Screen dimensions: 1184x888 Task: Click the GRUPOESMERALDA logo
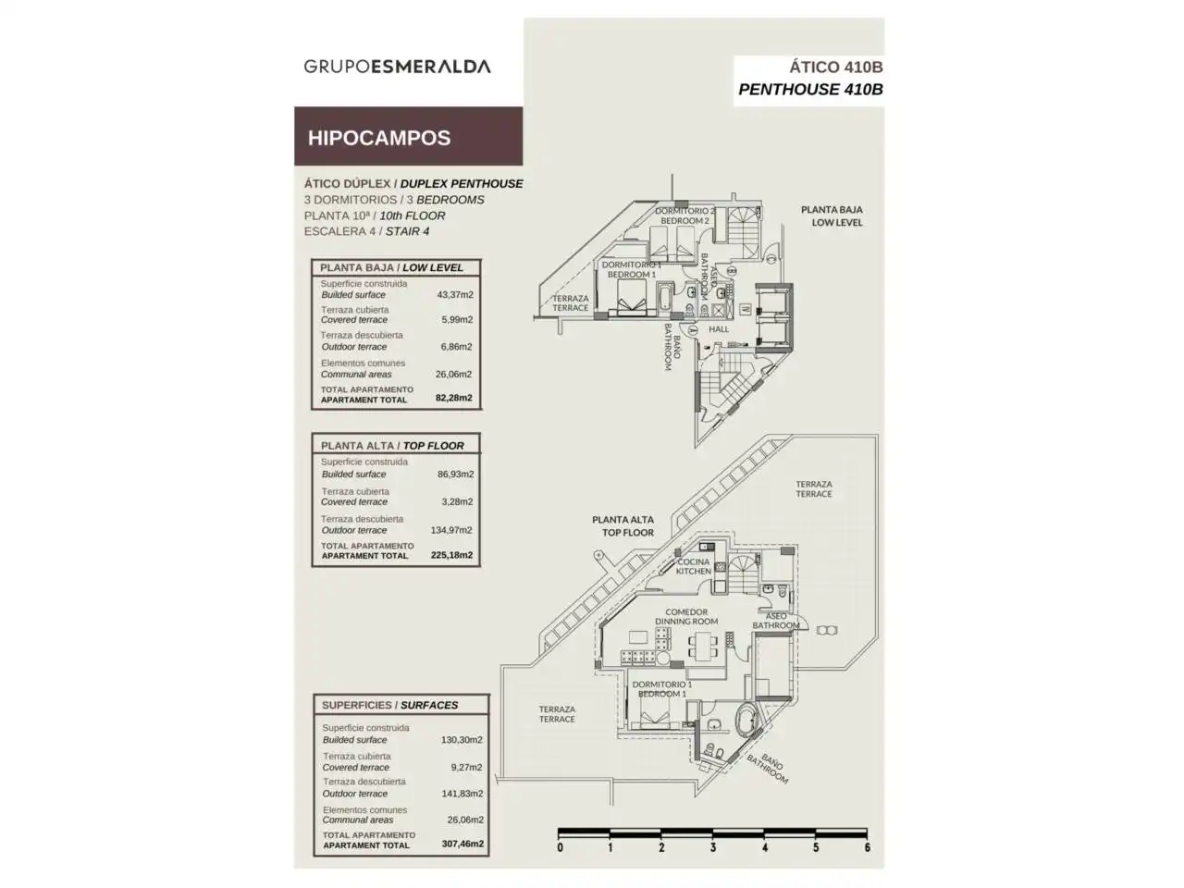[x=397, y=67]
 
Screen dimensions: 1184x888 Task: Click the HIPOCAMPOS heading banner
[x=408, y=136]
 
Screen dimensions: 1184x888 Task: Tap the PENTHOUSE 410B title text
[x=810, y=89]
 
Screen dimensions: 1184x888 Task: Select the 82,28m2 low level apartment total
[x=453, y=398]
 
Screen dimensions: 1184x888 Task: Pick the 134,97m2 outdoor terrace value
[x=451, y=530]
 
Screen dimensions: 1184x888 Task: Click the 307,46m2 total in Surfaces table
[x=462, y=844]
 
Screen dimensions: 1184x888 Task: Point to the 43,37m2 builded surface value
[x=455, y=294]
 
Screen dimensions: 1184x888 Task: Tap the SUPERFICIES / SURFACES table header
[x=389, y=705]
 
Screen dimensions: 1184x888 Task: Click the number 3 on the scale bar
[x=712, y=847]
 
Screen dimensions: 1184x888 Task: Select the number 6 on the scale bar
[x=867, y=847]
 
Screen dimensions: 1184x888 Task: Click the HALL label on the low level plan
[x=719, y=329]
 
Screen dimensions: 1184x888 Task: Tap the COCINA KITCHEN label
[x=694, y=566]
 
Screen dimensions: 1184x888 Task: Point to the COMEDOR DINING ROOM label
[x=686, y=616]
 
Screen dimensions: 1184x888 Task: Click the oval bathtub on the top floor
[x=747, y=718]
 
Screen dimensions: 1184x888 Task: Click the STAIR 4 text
[x=407, y=231]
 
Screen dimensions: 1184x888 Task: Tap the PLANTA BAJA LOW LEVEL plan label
[x=832, y=216]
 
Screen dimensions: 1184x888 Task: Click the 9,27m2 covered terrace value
[x=466, y=767]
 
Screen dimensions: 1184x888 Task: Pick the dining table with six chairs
[x=703, y=647]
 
